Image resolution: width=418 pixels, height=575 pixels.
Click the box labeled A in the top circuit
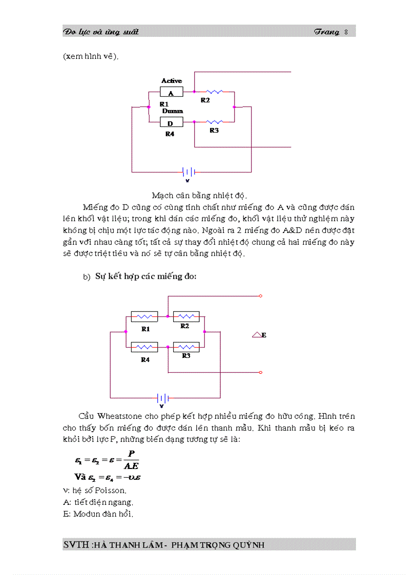(171, 93)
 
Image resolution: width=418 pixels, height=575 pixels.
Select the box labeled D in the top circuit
(171, 123)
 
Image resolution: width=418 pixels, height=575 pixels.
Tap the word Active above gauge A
(172, 81)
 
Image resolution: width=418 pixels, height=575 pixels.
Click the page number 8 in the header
(346, 32)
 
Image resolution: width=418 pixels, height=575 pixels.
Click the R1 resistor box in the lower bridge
(144, 317)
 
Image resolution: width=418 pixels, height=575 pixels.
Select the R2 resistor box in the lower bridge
(186, 316)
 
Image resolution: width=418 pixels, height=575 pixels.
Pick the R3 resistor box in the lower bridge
(186, 347)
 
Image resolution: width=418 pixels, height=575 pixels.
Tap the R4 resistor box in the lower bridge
(144, 347)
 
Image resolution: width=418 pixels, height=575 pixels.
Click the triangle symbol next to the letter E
(257, 335)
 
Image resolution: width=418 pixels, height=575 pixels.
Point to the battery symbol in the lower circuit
(163, 398)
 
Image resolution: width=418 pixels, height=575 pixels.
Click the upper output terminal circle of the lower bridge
(261, 296)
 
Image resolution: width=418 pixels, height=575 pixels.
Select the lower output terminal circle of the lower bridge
(261, 372)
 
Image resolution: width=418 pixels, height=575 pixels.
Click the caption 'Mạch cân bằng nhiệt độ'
(200, 196)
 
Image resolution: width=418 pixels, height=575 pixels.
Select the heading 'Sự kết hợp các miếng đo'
(146, 276)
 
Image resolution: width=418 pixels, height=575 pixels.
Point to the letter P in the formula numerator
(131, 454)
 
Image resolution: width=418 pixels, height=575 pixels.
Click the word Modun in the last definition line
(85, 514)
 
